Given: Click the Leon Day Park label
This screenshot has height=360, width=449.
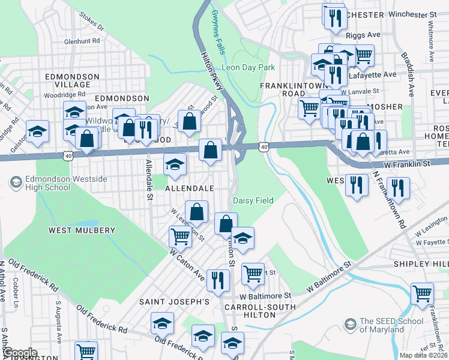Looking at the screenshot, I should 248,67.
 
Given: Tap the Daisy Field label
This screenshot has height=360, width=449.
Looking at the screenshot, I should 253,200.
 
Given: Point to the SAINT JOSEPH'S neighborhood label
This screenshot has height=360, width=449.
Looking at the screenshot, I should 174,301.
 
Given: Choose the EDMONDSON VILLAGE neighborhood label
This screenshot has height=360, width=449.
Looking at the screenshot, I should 72,80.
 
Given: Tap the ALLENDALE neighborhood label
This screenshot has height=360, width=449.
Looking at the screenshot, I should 190,188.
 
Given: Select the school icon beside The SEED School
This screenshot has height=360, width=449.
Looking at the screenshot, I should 350,325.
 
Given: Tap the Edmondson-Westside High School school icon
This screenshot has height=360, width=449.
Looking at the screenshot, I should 15,182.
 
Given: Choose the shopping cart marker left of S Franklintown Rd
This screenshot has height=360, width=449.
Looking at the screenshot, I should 422,294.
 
